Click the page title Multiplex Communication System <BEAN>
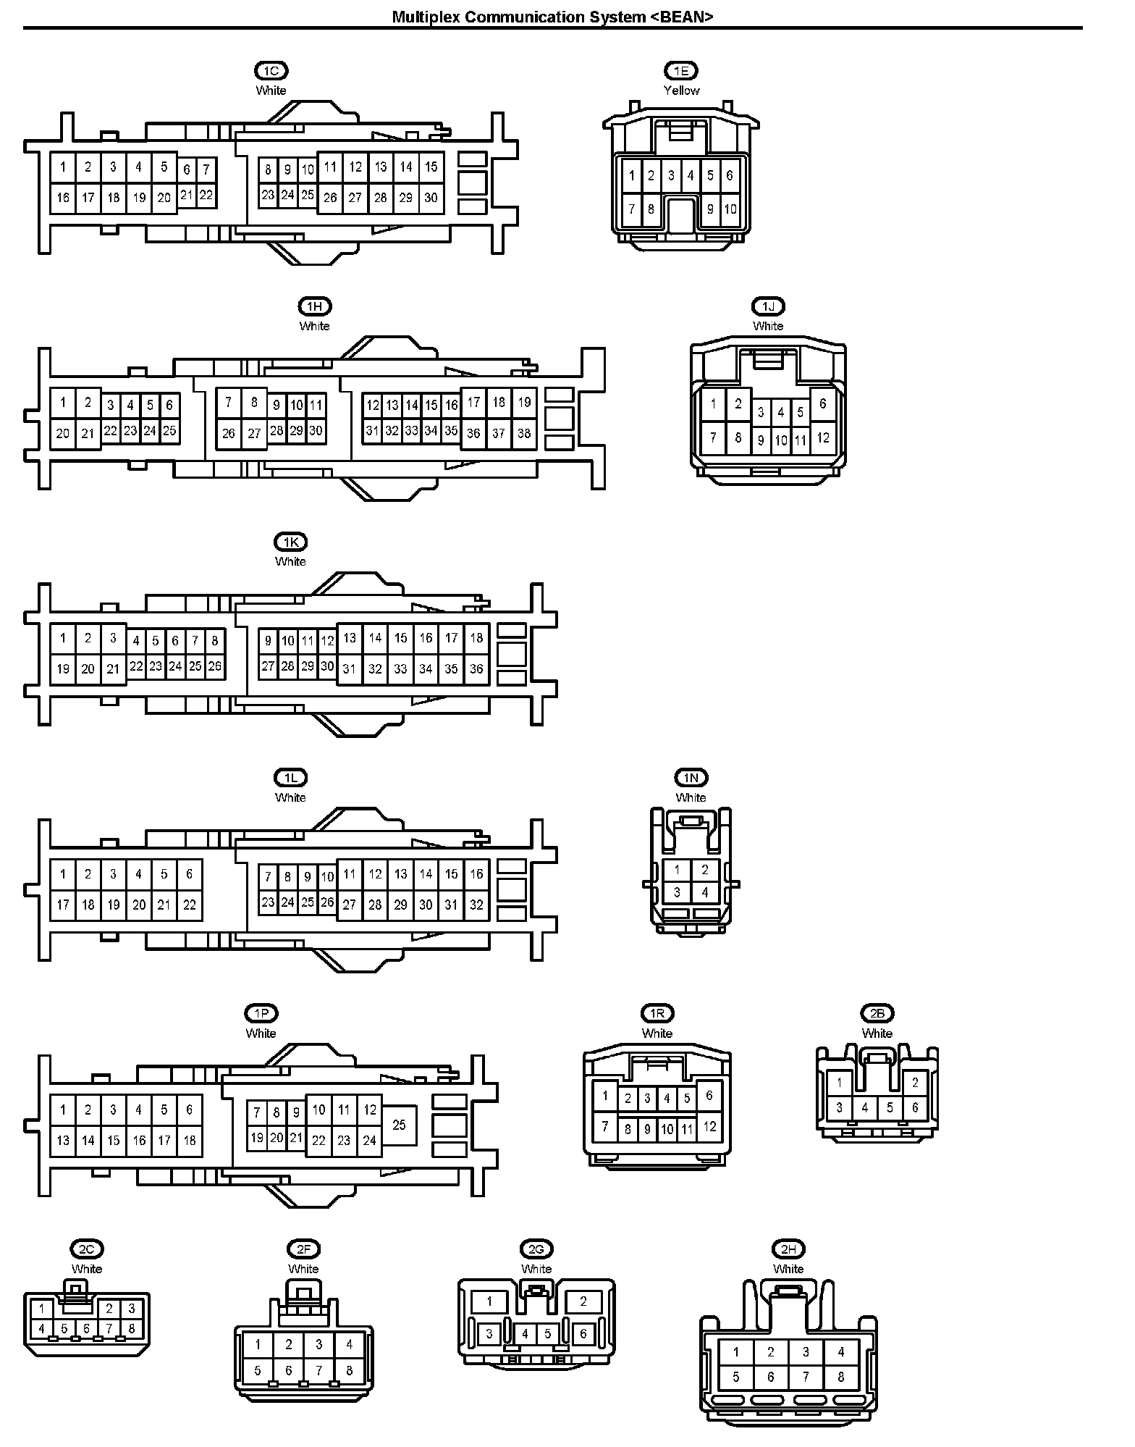pos(552,17)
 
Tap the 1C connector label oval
pos(271,71)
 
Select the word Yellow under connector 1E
pos(682,91)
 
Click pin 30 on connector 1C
pos(431,198)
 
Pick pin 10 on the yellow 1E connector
pos(730,209)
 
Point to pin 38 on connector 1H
pos(524,434)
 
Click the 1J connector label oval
pos(768,306)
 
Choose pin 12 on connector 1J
pos(823,437)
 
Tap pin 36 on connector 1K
pos(476,669)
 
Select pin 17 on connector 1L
pos(63,905)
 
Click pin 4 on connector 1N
pos(705,892)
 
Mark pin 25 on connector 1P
pos(399,1125)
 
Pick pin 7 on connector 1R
pos(605,1127)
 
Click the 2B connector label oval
pos(877,1013)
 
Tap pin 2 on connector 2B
pos(916,1083)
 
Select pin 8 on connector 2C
pos(132,1329)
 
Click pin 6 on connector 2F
pos(288,1370)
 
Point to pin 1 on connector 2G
pos(489,1301)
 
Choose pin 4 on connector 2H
pos(841,1351)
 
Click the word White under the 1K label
pos(290,561)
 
